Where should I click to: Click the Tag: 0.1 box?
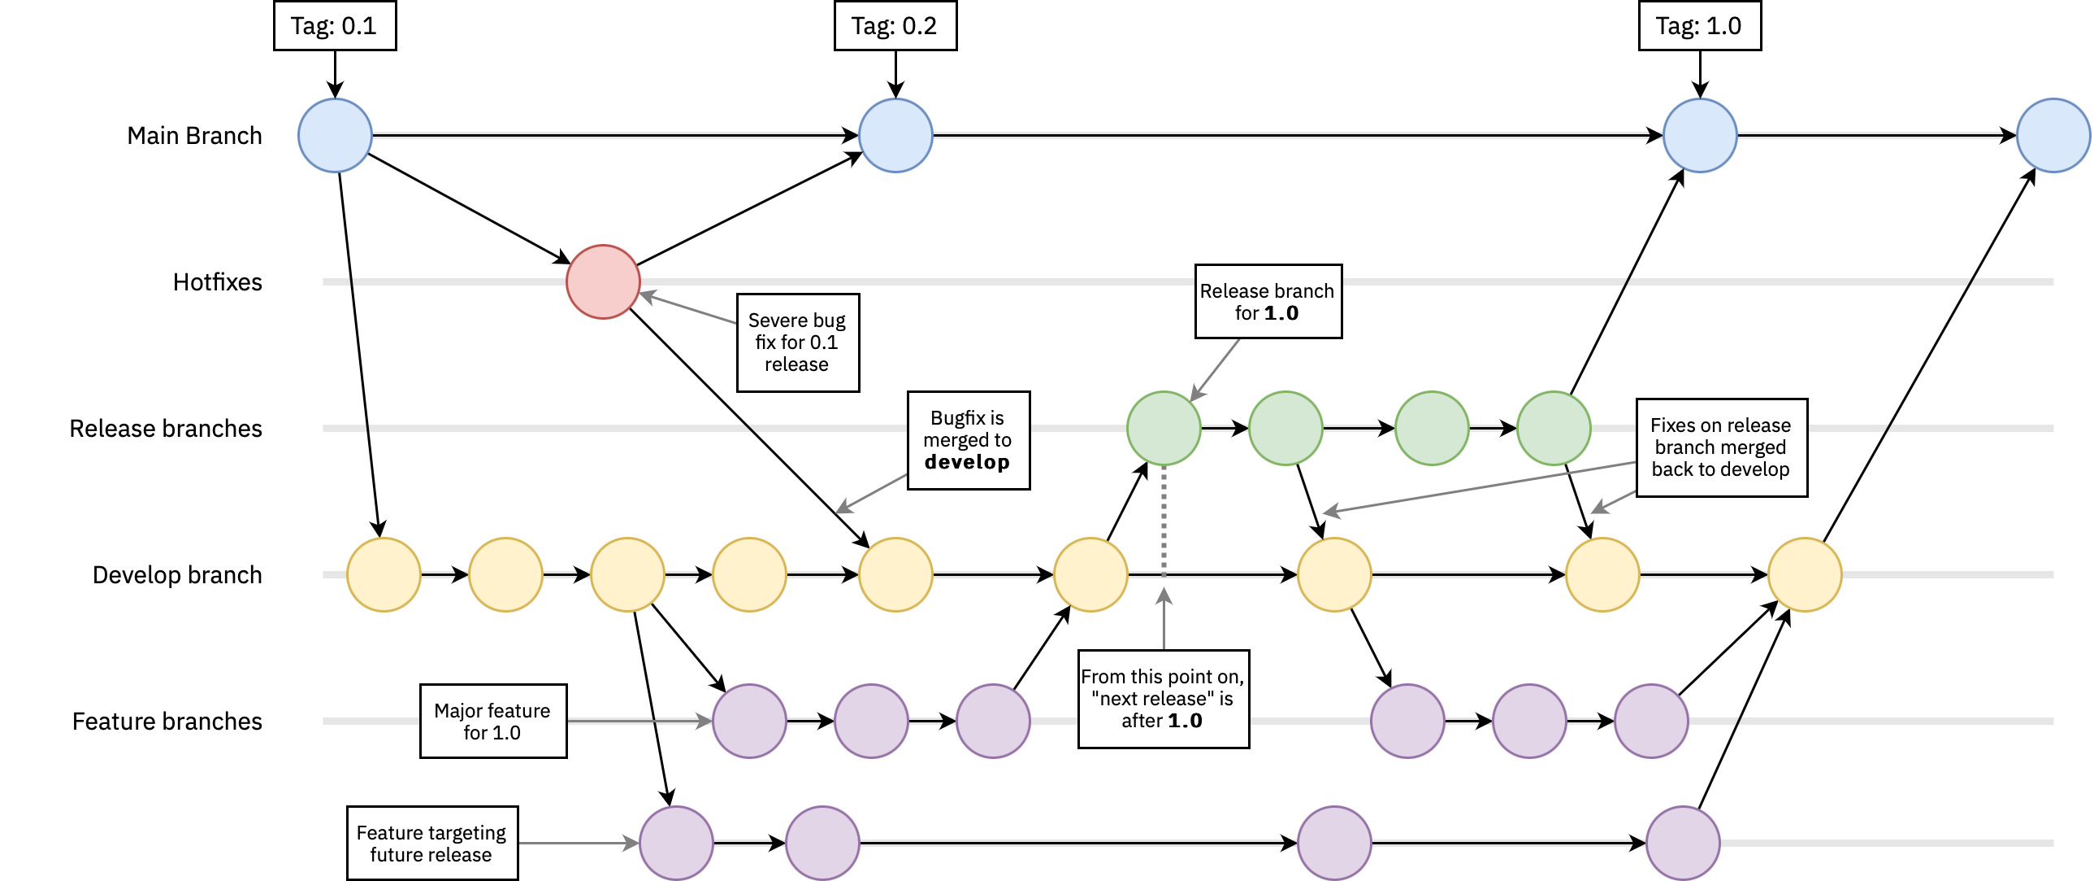pos(334,26)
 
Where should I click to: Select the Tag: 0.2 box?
pos(895,26)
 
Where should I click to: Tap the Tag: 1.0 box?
pos(1699,26)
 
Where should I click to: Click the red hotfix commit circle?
pos(602,281)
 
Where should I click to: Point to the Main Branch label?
pos(194,136)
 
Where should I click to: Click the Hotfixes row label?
pos(217,282)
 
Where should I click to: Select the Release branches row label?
pos(166,429)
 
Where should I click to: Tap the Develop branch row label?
pos(177,575)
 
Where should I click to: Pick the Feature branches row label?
pos(167,722)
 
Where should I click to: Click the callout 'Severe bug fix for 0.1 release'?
pos(797,342)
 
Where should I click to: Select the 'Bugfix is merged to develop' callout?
pos(968,440)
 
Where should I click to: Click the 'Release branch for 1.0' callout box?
pos(1268,301)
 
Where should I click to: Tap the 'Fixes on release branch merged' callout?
pos(1721,447)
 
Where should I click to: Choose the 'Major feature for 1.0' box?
pos(492,722)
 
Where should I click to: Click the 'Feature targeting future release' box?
pos(431,844)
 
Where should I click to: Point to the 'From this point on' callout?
pos(1163,699)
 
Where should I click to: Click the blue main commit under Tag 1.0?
pos(1700,136)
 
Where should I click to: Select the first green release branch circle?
pos(1164,429)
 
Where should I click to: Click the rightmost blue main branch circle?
pos(2053,136)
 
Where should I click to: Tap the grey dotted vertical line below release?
pos(1164,521)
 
